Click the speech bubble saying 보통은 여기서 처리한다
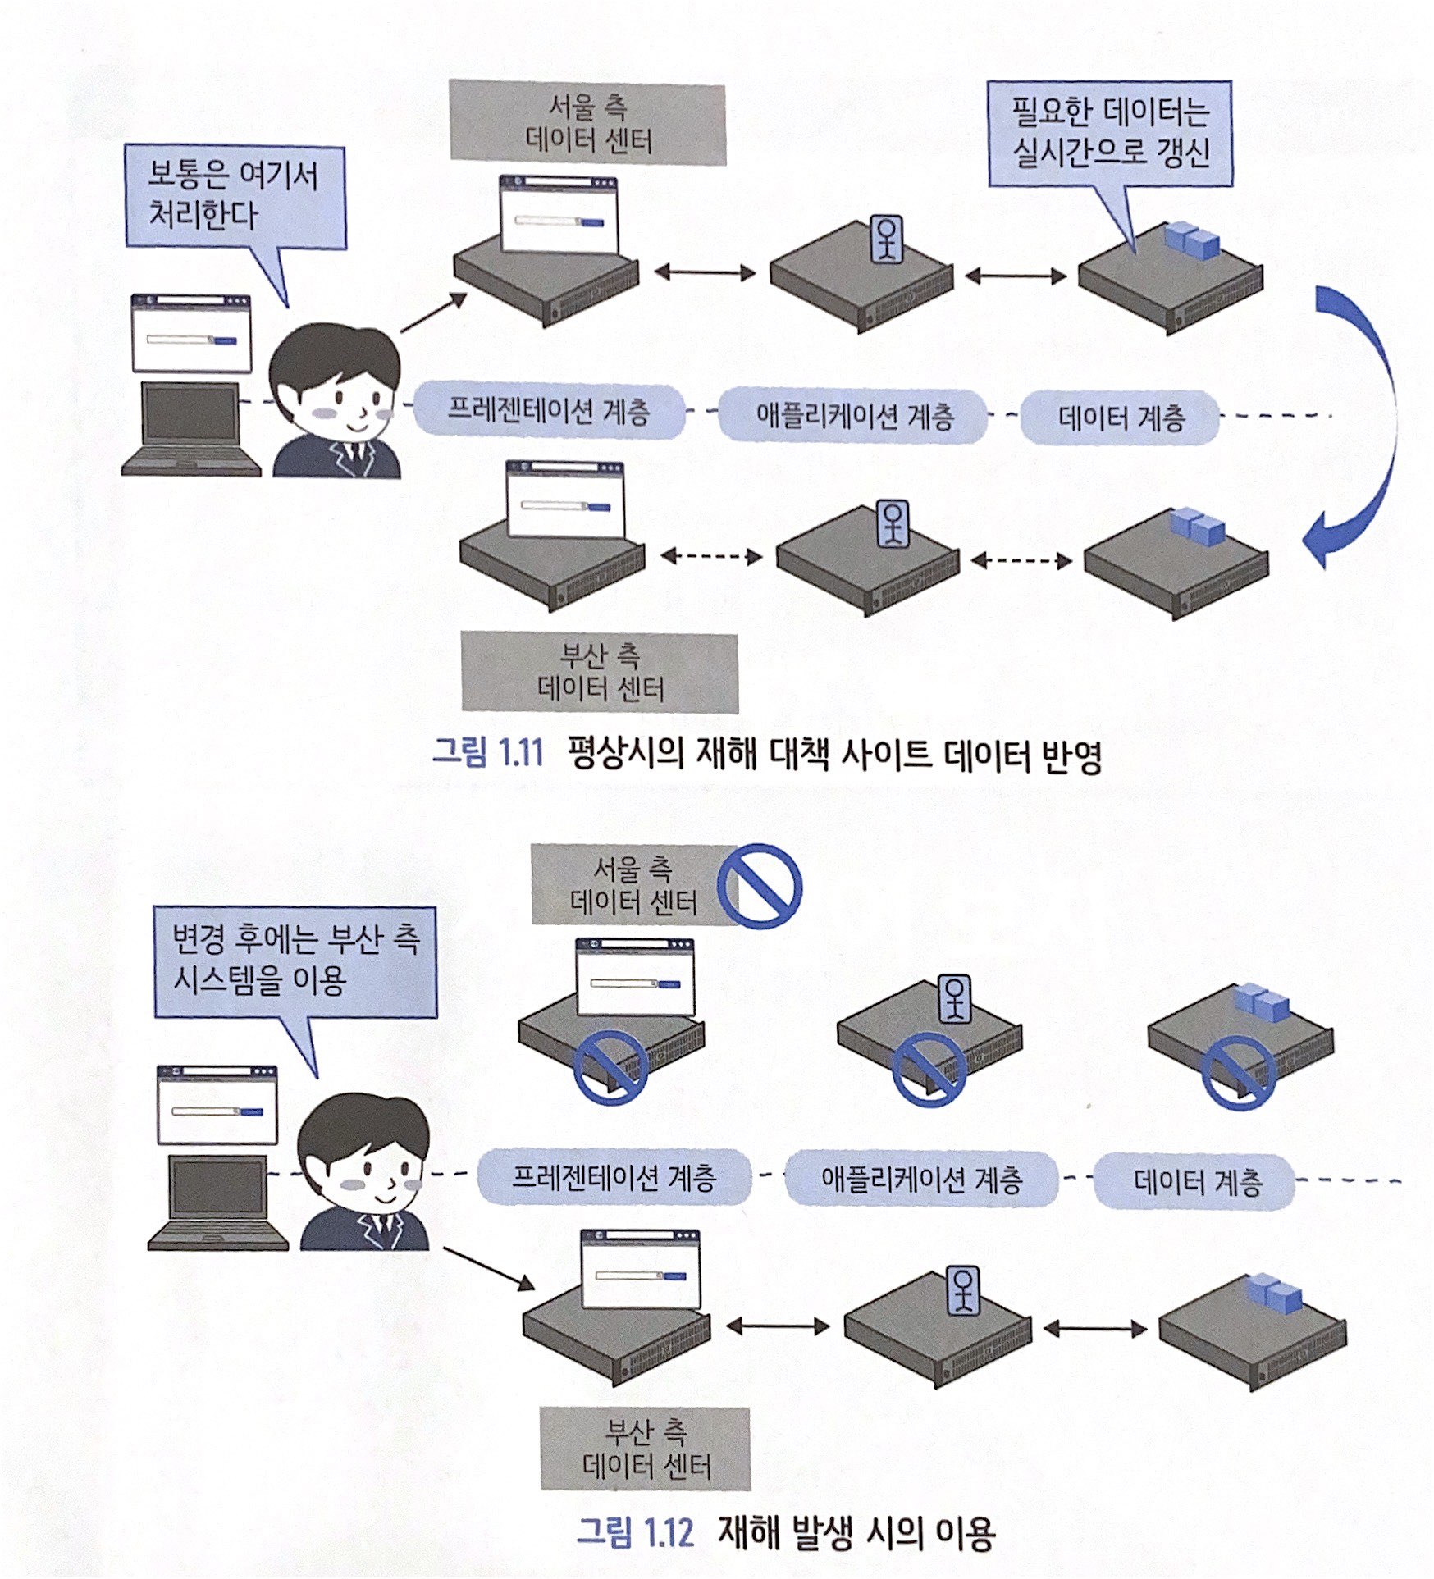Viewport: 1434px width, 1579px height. click(235, 197)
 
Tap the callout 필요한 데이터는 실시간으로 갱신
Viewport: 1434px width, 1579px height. click(1109, 133)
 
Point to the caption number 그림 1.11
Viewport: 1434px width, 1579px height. click(487, 752)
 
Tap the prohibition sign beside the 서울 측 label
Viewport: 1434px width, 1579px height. click(759, 886)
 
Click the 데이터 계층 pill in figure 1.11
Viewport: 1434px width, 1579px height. click(1121, 418)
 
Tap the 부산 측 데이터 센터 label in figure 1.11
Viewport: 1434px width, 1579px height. click(600, 672)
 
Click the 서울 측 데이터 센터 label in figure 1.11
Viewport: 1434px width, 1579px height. click(587, 123)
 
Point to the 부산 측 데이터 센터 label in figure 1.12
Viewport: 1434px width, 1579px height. click(645, 1449)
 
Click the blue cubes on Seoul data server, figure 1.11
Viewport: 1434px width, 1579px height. click(1191, 240)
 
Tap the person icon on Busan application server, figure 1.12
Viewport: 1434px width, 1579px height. click(963, 1290)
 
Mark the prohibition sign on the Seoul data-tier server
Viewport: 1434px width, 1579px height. click(1238, 1072)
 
